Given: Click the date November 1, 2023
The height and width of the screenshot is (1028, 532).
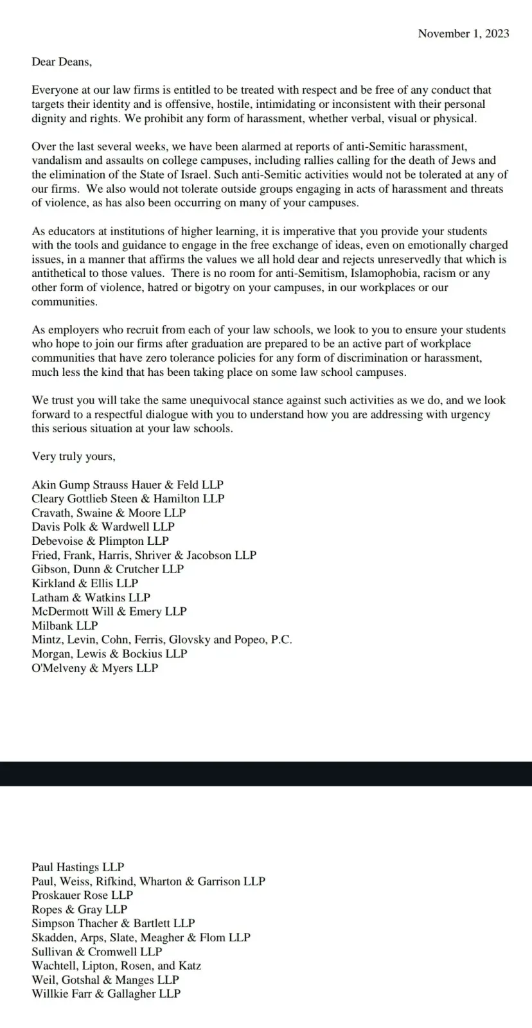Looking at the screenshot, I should click(463, 33).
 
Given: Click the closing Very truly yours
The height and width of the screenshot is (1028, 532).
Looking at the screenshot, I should click(73, 456).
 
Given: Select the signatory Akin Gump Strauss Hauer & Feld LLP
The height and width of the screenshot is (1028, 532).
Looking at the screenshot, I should click(127, 484).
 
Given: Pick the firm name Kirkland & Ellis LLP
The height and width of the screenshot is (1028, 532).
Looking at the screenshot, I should click(85, 583).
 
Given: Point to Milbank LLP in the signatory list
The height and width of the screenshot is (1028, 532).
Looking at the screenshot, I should click(65, 625).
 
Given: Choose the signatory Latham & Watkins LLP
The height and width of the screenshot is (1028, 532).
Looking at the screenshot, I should click(91, 598).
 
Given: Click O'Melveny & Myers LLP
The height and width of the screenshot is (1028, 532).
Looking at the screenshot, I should click(94, 668).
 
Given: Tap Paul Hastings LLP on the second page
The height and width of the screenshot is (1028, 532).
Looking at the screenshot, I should click(78, 867).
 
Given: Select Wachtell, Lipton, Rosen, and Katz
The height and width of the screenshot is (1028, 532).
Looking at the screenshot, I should click(116, 966).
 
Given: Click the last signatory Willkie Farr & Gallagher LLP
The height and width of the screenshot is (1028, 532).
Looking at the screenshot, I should click(106, 994).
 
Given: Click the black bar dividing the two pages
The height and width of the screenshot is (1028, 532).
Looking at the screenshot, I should click(266, 774).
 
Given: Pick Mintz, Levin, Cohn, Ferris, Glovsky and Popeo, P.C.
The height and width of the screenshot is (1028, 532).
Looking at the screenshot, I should click(161, 639).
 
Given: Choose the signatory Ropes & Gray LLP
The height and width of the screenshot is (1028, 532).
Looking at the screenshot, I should click(80, 909).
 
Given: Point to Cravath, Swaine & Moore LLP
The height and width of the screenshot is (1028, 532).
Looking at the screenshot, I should click(109, 513).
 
